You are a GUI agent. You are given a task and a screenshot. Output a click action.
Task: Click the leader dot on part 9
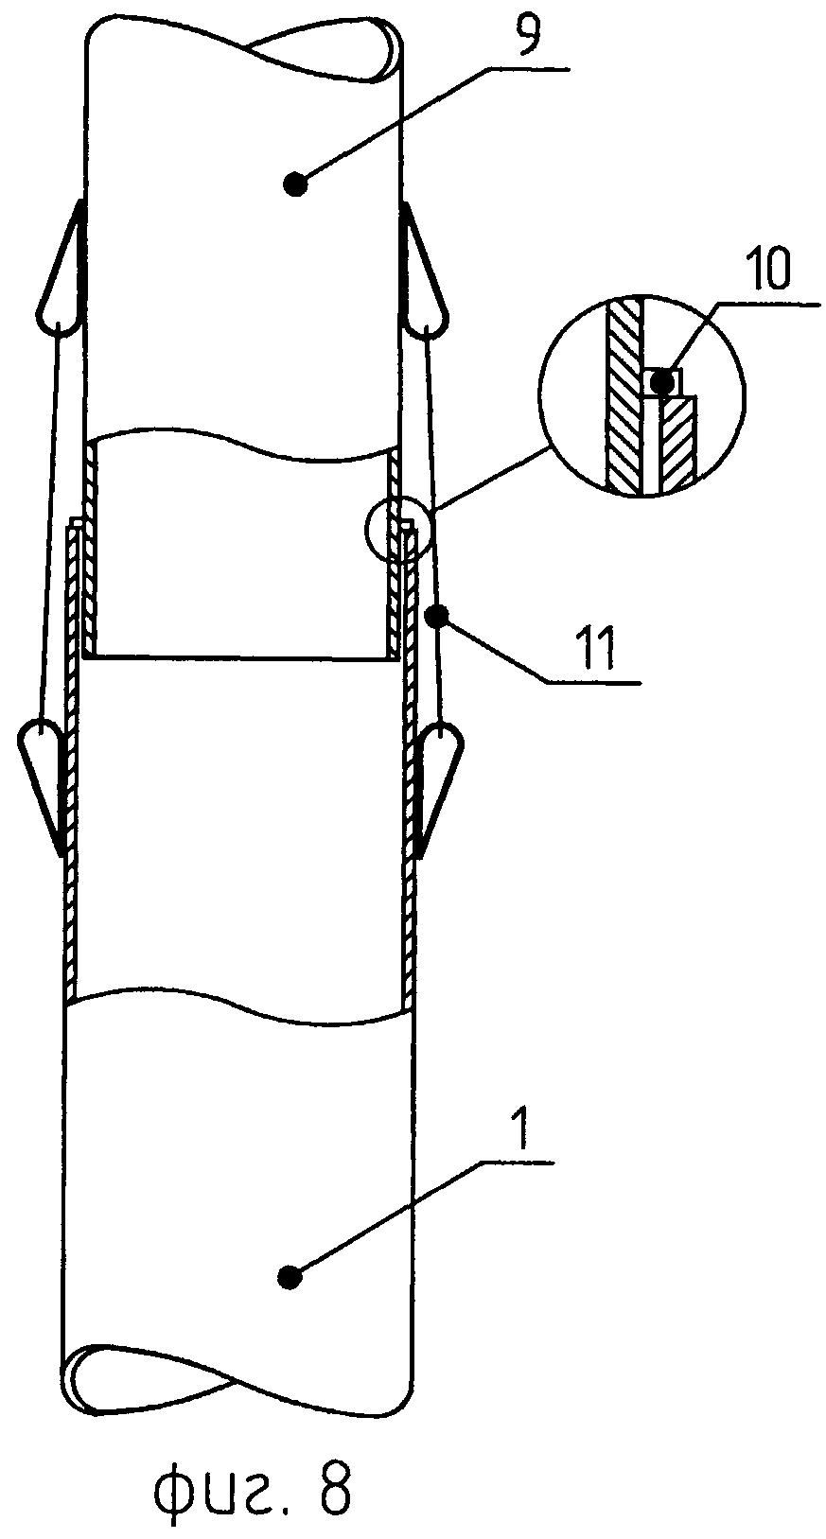click(x=296, y=184)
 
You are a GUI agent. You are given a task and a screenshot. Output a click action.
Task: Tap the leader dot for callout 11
click(x=436, y=617)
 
